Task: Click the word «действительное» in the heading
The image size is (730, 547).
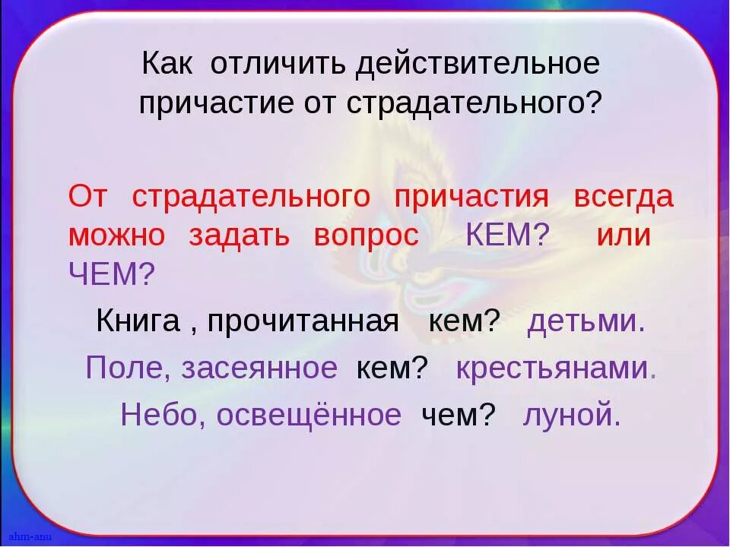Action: pos(478,64)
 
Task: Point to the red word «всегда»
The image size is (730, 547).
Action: pos(624,197)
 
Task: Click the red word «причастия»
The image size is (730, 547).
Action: pos(471,197)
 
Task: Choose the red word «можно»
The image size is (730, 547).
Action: pos(116,236)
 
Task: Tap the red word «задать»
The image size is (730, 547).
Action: pos(239,236)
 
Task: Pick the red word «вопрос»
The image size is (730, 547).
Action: pos(366,236)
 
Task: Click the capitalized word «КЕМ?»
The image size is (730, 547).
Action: pos(506,236)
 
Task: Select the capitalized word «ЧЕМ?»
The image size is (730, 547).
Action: pos(111,273)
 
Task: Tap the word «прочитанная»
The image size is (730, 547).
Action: pos(303,321)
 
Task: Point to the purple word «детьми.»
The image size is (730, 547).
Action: pos(586,321)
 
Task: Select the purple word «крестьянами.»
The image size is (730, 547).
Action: pos(556,368)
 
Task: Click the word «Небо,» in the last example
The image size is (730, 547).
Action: pos(163,415)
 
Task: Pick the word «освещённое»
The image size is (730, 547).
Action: pos(309,415)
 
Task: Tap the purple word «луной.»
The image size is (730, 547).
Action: pos(572,415)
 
